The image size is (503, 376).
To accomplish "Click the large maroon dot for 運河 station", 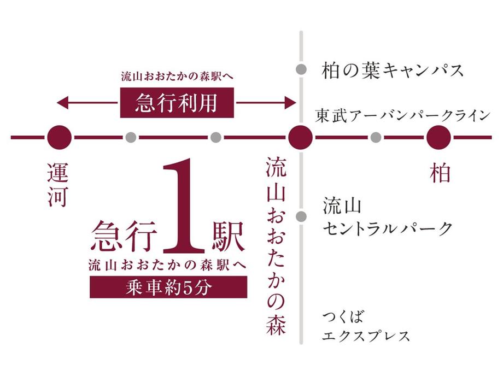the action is [59, 137].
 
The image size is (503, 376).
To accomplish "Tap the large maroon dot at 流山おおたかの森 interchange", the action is [300, 137].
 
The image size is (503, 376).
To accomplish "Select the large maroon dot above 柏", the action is [438, 137].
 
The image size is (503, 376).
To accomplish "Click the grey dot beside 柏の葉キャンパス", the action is [300, 69].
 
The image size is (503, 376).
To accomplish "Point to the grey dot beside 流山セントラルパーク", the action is [300, 216].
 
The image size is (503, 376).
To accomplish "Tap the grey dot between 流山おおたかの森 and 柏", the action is [375, 137].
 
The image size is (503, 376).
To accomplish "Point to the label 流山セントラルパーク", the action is [387, 217].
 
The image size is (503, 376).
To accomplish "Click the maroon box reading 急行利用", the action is [177, 102].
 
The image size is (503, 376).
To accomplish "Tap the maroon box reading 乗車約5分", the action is [168, 287].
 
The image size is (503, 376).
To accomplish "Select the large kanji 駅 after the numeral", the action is [225, 235].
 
